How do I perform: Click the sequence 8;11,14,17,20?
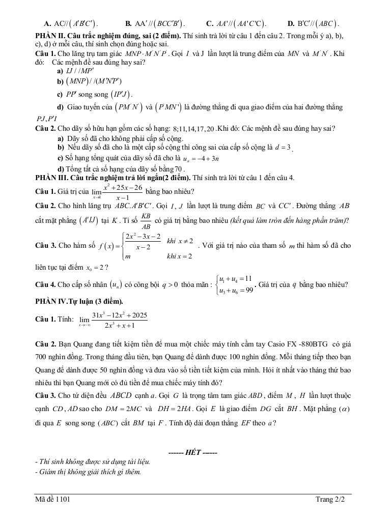tap(193, 129)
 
